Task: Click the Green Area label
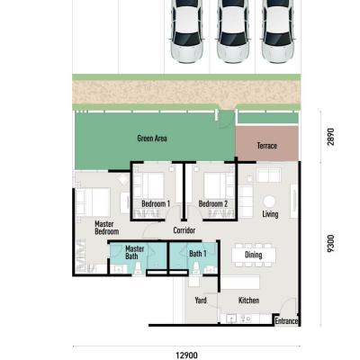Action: (152, 139)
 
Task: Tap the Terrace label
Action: (266, 146)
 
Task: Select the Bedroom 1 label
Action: (156, 204)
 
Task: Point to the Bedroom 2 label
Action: (213, 204)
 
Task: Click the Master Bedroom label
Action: (107, 228)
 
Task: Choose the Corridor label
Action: (184, 230)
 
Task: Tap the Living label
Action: (270, 214)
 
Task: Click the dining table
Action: (254, 255)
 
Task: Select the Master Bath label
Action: (134, 253)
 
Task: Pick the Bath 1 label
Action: (198, 254)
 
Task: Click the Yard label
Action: (201, 301)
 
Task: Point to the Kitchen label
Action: (248, 301)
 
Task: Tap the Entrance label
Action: (286, 321)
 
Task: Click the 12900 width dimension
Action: (186, 355)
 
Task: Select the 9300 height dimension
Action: (330, 243)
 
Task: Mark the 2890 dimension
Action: (330, 137)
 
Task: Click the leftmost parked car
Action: (186, 31)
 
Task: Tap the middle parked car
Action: (233, 31)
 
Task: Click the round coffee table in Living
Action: (269, 202)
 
